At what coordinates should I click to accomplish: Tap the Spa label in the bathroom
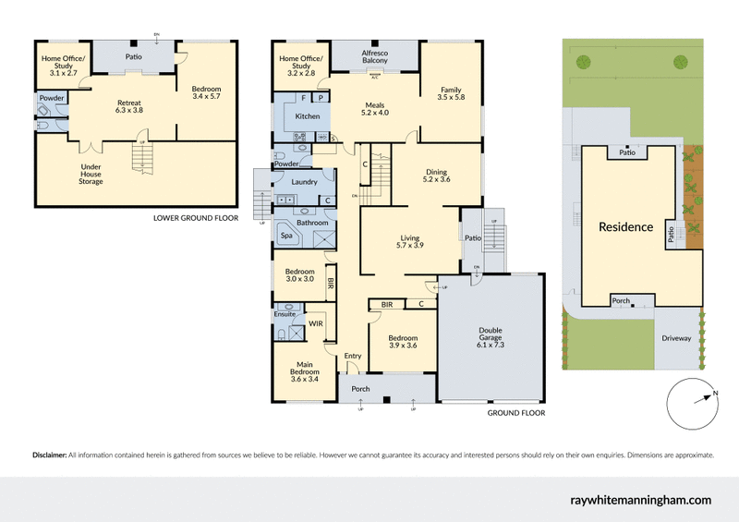coord(286,237)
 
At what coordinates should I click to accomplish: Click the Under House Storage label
coord(91,175)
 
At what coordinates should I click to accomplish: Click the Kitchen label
coord(307,117)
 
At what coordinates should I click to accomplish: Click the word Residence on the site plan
coord(625,227)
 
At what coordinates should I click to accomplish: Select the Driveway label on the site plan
coord(675,339)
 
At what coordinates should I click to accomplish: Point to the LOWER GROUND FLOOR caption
coord(195,219)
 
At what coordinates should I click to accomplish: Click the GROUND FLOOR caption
coord(515,414)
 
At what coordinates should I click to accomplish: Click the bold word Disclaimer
coord(49,455)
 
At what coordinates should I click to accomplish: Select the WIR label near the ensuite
coord(316,324)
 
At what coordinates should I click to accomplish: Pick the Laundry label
coord(304,182)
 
